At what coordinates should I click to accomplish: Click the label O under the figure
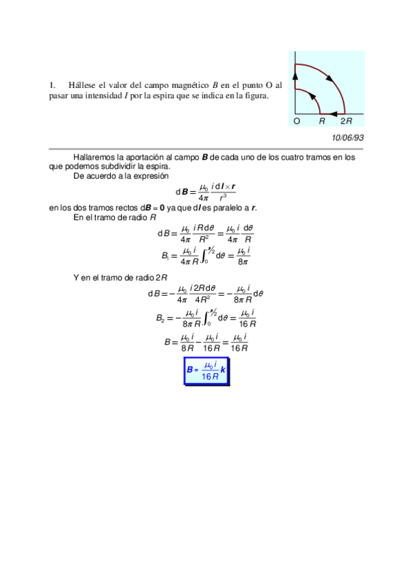[296, 121]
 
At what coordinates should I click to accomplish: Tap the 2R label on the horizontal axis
[346, 121]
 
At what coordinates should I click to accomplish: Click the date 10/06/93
[347, 137]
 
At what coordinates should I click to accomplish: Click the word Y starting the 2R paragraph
[76, 277]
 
